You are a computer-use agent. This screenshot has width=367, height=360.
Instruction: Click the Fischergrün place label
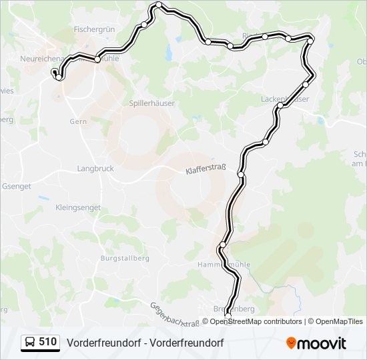tap(94, 29)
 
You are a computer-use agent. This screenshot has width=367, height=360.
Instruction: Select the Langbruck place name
tap(97, 169)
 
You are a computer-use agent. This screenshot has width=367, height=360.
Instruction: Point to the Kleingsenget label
tap(78, 207)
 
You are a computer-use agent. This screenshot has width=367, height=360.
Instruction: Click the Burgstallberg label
tap(124, 258)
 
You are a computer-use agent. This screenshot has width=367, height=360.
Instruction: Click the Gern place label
tap(79, 121)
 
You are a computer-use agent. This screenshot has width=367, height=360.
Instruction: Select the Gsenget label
tap(17, 187)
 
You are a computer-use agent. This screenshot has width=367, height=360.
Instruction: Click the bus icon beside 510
tap(30, 343)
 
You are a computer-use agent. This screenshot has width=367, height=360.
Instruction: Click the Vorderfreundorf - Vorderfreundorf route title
tap(145, 343)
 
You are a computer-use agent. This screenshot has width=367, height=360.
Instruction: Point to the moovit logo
tap(316, 343)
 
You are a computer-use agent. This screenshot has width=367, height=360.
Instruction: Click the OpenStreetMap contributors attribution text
tap(256, 321)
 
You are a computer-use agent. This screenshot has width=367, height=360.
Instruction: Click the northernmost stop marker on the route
tap(159, 5)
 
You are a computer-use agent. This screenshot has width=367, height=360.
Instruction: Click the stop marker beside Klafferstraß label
tap(241, 175)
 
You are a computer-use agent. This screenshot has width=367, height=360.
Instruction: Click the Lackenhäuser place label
tap(285, 99)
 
